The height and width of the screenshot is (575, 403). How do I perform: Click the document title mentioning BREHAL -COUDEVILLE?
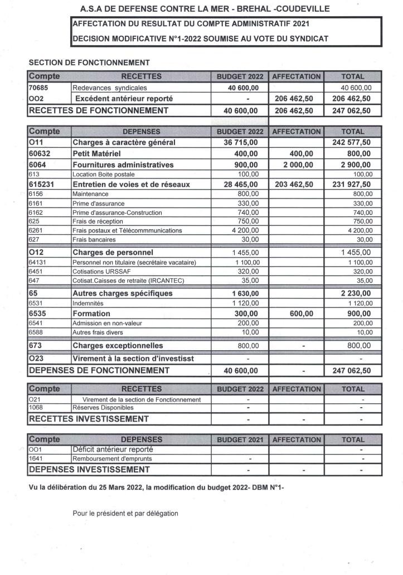[205, 9]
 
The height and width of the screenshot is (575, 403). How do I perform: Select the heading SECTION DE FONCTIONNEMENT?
[89, 63]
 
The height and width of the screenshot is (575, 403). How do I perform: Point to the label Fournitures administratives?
[123, 165]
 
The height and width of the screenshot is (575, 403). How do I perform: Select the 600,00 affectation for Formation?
[297, 314]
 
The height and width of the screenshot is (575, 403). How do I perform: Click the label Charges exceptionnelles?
[118, 346]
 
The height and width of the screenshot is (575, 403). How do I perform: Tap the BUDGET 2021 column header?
[240, 439]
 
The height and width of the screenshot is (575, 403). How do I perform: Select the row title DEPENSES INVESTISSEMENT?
[89, 470]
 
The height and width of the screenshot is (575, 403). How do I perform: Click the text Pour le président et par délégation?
[125, 514]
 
